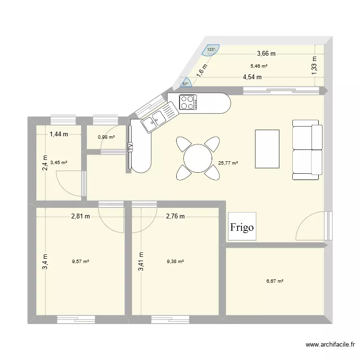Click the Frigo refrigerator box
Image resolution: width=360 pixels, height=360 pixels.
click(242, 227)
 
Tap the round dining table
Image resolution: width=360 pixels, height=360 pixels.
click(198, 158)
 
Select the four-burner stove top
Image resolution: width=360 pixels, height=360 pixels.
click(188, 102)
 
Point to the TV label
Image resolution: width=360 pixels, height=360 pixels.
click(131, 147)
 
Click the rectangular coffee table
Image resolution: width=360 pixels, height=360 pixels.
click(267, 149)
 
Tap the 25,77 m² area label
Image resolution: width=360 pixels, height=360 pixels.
click(228, 163)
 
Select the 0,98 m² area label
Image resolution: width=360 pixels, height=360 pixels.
click(106, 137)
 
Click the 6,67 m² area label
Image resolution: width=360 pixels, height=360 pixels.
click(275, 281)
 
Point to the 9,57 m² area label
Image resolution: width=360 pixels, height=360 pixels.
click(81, 261)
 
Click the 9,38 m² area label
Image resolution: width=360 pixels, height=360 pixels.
click(175, 261)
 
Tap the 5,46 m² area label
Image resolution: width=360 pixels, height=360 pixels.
click(259, 66)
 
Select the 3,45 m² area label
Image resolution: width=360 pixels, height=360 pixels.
click(59, 163)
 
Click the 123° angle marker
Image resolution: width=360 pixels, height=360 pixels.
click(211, 50)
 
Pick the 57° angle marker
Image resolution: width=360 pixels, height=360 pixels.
click(186, 83)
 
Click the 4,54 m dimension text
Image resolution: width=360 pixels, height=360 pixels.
click(252, 77)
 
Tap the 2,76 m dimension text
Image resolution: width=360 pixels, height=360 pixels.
click(175, 216)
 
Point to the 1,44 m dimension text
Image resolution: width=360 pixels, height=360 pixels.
click(59, 134)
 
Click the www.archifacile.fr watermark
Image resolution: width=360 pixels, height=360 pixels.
click(330, 344)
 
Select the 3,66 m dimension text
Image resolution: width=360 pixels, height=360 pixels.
click(266, 54)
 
